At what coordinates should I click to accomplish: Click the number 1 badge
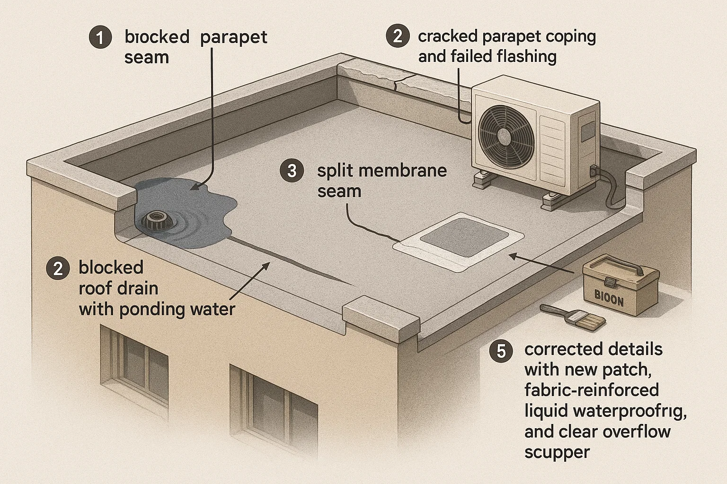[100, 37]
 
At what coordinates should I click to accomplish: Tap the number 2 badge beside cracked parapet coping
[398, 36]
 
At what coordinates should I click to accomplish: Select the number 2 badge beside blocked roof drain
[58, 268]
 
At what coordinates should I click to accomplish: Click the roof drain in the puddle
[156, 219]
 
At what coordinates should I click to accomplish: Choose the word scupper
[557, 452]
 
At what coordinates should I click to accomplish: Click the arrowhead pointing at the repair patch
[512, 255]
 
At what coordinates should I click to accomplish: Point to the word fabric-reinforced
[592, 390]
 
